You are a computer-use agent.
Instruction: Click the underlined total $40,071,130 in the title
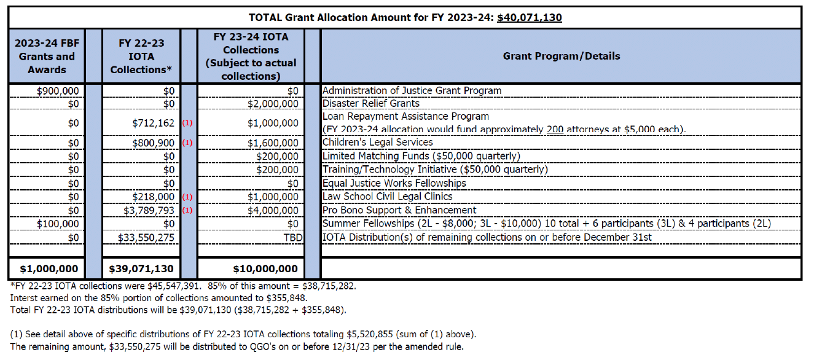(x=529, y=17)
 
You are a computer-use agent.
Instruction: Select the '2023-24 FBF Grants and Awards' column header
(x=47, y=57)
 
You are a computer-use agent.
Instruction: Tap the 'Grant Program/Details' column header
(x=562, y=56)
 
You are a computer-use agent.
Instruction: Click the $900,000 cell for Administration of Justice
(x=58, y=91)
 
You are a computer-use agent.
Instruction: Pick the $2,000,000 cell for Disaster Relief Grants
(x=273, y=104)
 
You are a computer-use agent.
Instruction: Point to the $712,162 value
(x=154, y=123)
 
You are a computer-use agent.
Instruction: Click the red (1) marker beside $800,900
(x=187, y=143)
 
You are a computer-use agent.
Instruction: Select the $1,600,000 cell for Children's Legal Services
(x=273, y=143)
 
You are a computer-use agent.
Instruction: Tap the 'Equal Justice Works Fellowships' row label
(x=394, y=183)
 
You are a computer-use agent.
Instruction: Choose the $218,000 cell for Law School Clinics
(x=154, y=197)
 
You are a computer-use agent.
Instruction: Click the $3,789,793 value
(x=149, y=211)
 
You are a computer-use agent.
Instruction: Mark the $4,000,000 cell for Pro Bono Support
(x=273, y=211)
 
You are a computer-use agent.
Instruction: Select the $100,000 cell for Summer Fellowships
(x=58, y=224)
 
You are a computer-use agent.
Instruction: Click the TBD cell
(x=293, y=238)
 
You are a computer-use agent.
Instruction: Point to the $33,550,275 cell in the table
(x=146, y=238)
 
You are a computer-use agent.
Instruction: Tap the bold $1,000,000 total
(x=49, y=269)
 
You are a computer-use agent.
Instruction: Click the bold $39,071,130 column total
(x=141, y=269)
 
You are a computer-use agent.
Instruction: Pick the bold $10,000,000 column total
(x=265, y=269)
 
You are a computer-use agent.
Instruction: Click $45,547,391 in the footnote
(x=174, y=286)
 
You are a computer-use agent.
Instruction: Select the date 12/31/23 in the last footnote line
(x=351, y=346)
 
